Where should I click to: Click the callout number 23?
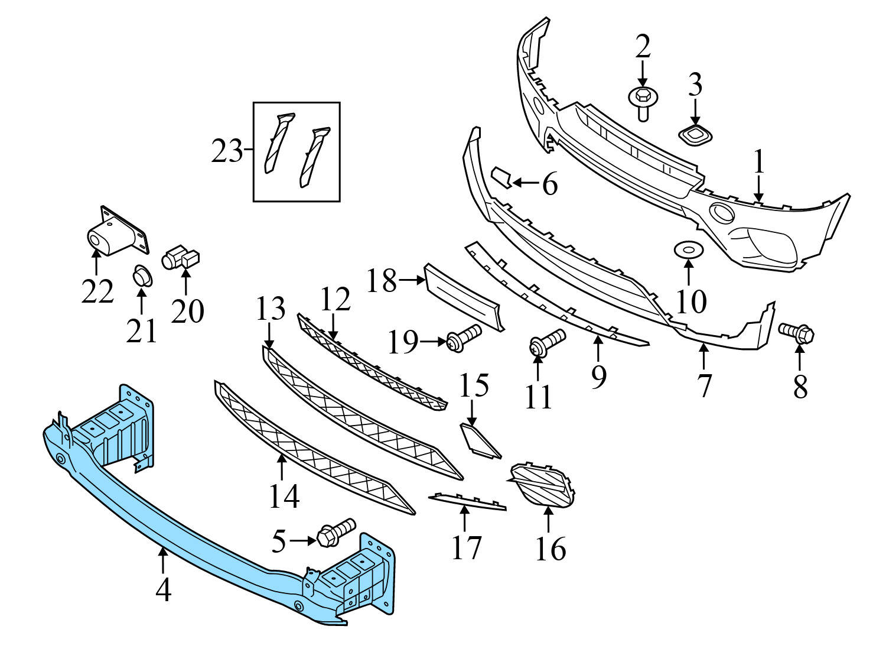227,152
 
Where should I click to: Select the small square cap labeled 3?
695,135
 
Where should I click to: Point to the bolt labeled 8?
797,333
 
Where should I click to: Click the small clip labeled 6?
502,177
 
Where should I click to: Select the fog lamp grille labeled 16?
542,483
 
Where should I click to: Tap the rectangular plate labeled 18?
464,300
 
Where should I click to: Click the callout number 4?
163,590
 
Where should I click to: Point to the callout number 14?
284,496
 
